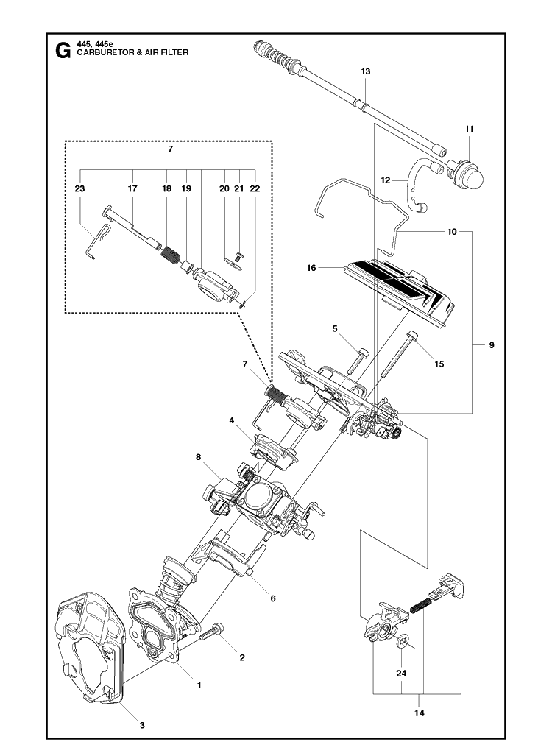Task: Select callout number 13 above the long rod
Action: (366, 71)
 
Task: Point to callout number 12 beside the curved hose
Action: (386, 179)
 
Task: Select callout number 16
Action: (311, 268)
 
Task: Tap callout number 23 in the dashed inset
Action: (79, 189)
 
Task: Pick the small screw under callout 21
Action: (238, 253)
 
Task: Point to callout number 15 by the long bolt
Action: (439, 364)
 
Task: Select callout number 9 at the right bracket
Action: (491, 344)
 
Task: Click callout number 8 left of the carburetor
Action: (198, 457)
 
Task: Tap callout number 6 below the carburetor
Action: (272, 598)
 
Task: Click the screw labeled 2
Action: (214, 630)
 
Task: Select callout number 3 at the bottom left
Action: (141, 725)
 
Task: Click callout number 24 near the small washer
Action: (400, 673)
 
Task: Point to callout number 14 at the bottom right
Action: (420, 713)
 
